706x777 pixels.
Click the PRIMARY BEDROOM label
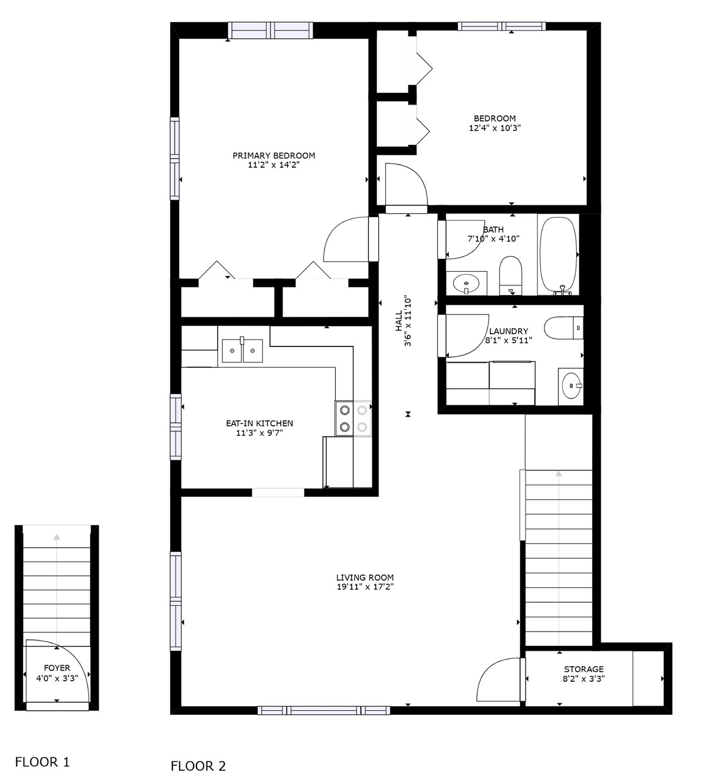[x=273, y=155]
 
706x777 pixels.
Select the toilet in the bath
[x=510, y=275]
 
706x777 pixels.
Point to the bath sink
[x=466, y=283]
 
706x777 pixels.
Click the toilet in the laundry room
[x=563, y=328]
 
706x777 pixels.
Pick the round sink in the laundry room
[x=571, y=386]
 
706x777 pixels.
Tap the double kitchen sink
[x=242, y=350]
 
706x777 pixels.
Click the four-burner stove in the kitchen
[x=353, y=418]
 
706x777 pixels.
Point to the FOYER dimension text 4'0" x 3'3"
[x=57, y=678]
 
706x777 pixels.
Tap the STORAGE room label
[x=584, y=669]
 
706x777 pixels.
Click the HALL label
[x=398, y=321]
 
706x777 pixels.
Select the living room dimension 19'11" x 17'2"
[x=365, y=587]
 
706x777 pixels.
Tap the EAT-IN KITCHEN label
[x=259, y=424]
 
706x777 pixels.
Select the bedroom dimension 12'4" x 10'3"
[x=494, y=128]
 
